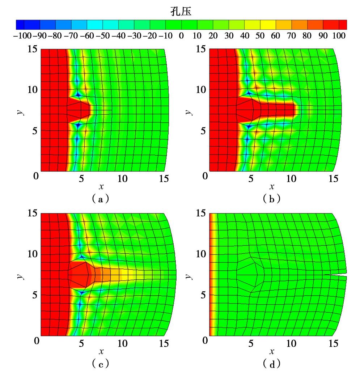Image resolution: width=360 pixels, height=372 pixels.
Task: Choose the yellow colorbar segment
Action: (x=268, y=24)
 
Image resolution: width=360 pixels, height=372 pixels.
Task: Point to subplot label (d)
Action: (x=271, y=363)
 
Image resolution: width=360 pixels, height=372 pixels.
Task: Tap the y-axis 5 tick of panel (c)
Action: (x=34, y=295)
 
